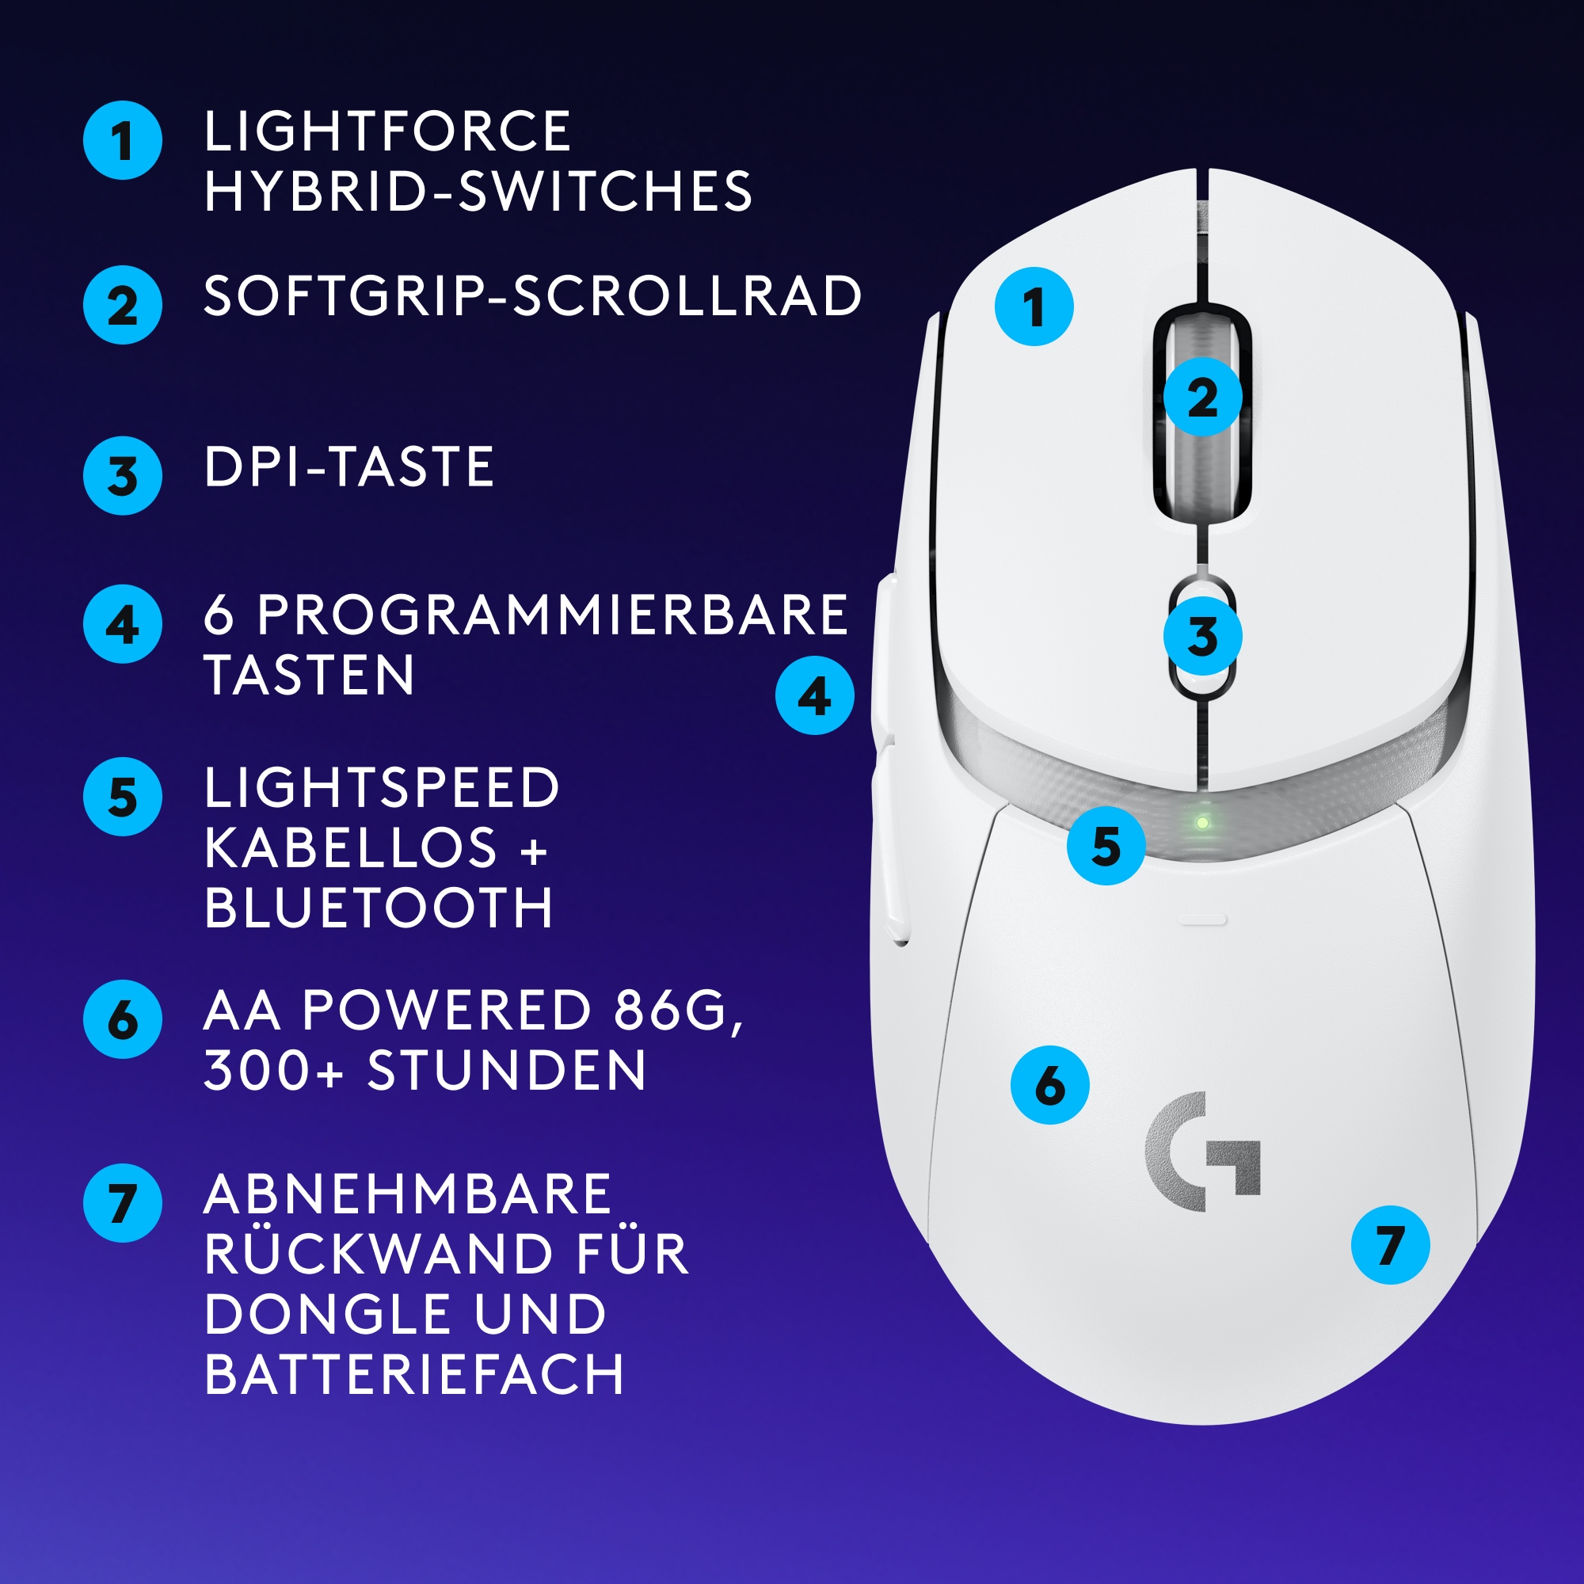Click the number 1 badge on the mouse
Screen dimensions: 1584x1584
[x=1034, y=307]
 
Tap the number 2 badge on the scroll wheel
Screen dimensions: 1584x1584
[x=1202, y=397]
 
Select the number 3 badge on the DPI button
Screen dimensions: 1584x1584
[x=1202, y=636]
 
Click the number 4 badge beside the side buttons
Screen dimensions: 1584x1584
[x=814, y=695]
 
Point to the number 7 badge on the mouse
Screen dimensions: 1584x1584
[x=1391, y=1244]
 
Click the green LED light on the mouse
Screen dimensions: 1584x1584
[x=1202, y=822]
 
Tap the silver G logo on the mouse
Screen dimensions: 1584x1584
[x=1202, y=1151]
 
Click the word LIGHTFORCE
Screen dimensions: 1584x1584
[x=387, y=131]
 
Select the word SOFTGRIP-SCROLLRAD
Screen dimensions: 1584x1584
[x=532, y=296]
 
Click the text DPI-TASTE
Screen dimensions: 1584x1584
[x=348, y=467]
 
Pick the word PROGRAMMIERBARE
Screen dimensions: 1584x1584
[x=553, y=615]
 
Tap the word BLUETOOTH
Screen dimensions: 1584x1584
[x=379, y=908]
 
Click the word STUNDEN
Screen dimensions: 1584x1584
[x=507, y=1070]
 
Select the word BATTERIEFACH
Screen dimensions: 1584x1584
[x=414, y=1374]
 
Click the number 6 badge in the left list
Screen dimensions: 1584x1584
[x=123, y=1019]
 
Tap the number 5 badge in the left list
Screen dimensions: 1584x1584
[x=123, y=796]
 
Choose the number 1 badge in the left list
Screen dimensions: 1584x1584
[x=123, y=140]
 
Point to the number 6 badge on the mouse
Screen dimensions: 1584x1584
[x=1049, y=1085]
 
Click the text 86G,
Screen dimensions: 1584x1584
[x=679, y=1010]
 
